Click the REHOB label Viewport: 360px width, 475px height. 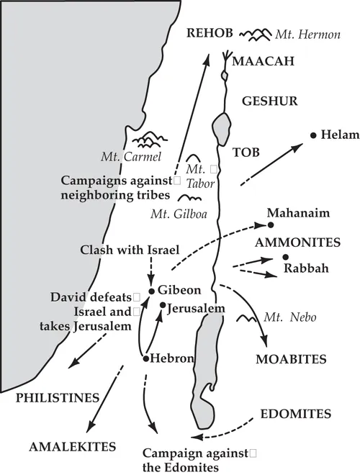(x=208, y=34)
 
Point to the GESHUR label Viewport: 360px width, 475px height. (x=268, y=101)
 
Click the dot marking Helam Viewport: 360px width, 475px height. (x=313, y=135)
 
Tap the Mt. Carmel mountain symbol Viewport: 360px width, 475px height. (x=150, y=137)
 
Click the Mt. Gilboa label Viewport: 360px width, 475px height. (x=175, y=213)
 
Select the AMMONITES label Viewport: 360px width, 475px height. (x=290, y=243)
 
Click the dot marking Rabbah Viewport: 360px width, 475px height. (x=286, y=258)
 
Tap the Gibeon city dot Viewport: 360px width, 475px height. (x=152, y=291)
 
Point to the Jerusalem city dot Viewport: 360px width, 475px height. (x=163, y=305)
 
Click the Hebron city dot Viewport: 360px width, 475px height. (x=146, y=358)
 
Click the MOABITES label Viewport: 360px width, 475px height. (x=292, y=358)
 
